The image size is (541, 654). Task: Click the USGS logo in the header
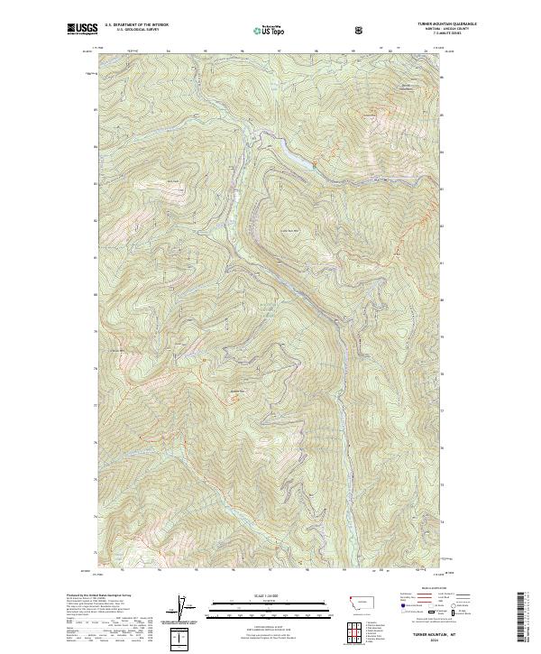point(81,29)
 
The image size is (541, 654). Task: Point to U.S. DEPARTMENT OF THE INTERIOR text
point(135,25)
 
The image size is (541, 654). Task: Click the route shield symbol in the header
point(361,30)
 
